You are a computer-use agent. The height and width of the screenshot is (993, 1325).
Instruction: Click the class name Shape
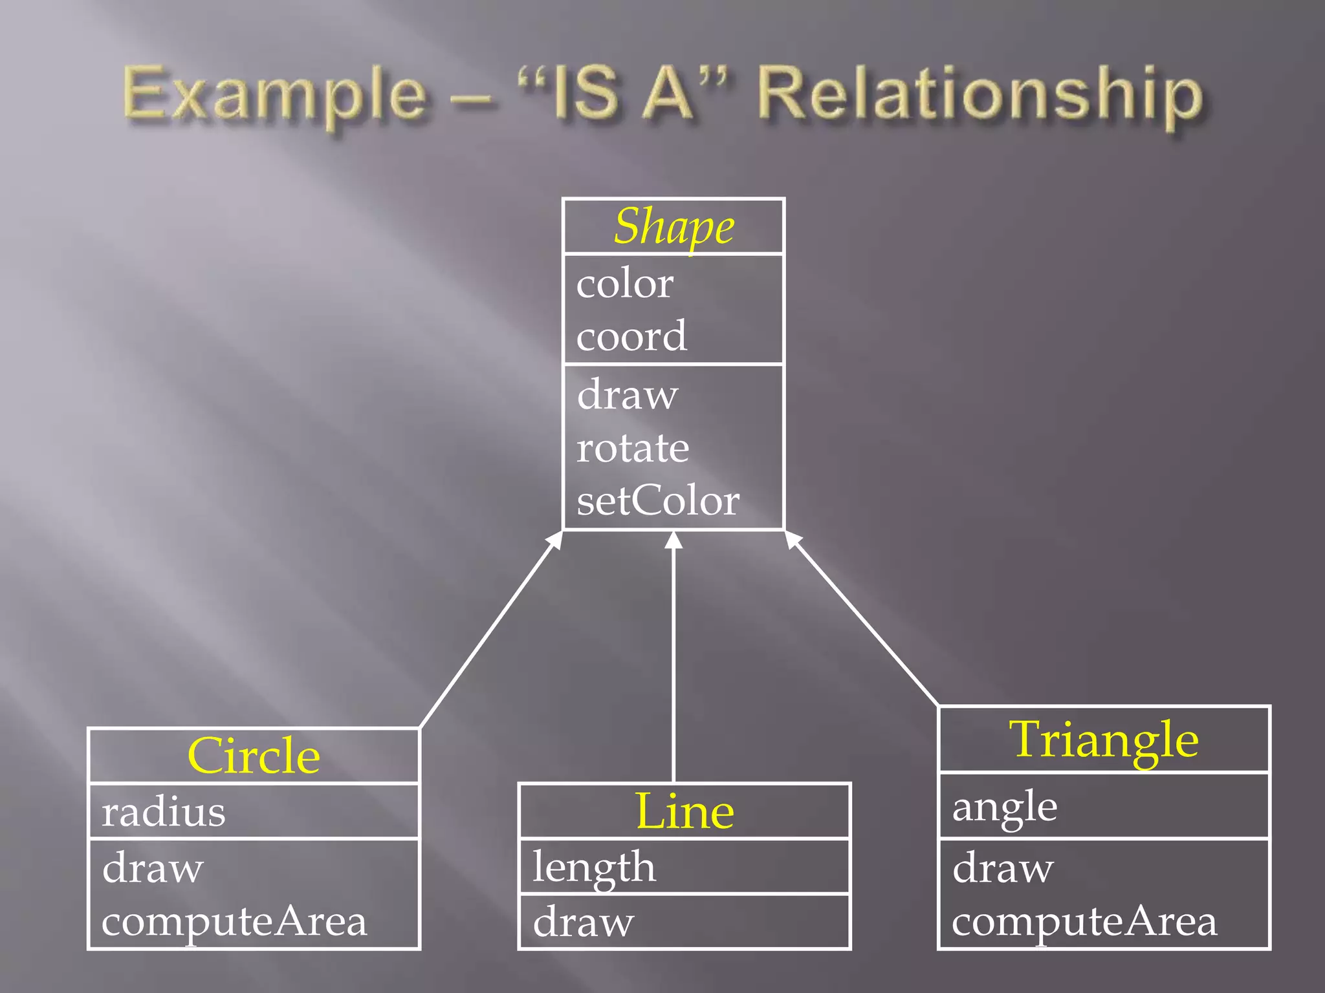coord(673,227)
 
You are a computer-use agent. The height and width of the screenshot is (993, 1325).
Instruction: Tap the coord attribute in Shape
coord(631,336)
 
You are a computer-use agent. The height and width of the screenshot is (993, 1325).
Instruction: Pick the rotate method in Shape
coord(633,447)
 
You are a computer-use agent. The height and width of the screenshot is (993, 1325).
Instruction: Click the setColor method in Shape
coord(658,501)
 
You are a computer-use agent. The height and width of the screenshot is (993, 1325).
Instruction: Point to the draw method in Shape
coord(628,394)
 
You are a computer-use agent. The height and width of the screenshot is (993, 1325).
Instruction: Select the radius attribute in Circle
coord(164,812)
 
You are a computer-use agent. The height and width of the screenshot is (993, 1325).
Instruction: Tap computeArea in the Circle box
coord(234,921)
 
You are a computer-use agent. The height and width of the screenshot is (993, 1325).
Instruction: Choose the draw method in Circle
coord(153,868)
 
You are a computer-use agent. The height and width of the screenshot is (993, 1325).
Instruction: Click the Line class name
coord(684,811)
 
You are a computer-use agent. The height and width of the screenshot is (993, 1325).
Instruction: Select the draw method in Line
coord(584,922)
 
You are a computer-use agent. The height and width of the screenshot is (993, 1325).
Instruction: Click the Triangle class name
coord(1104,740)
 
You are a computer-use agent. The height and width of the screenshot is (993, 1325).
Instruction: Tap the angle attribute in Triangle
coord(1005,807)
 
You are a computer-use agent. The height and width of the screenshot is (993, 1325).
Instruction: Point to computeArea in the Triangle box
coord(1084,921)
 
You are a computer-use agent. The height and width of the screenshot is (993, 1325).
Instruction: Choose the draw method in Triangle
coord(1003,868)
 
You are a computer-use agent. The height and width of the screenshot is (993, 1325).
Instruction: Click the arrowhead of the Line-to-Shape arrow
coord(673,540)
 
